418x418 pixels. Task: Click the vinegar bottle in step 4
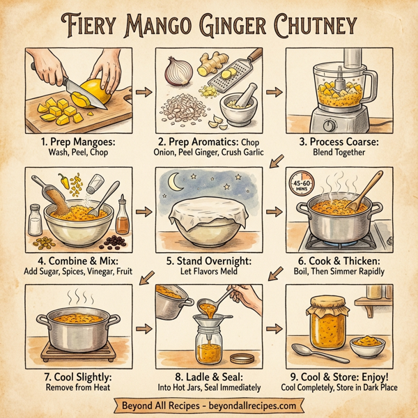pyautogui.click(x=123, y=217)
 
